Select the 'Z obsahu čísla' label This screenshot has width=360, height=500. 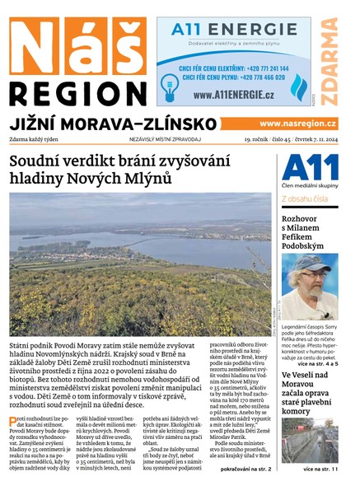[306, 199]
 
